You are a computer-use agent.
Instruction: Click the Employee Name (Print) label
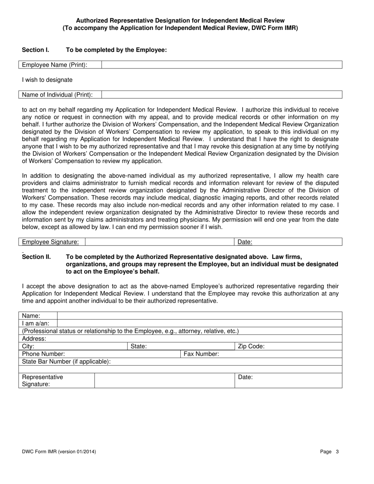coord(55,65)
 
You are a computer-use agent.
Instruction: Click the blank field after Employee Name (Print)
coord(222,65)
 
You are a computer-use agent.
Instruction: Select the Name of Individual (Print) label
coord(57,95)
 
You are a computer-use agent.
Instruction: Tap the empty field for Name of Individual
coord(222,95)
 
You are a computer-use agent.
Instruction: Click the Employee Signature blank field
coord(159,242)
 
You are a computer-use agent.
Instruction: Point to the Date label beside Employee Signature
coord(245,242)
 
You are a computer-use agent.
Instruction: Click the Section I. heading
coord(35,50)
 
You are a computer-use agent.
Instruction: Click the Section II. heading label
coord(37,257)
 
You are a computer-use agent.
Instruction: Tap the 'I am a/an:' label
coord(36,323)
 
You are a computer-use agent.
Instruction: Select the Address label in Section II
coord(34,339)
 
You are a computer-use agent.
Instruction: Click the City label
coord(28,347)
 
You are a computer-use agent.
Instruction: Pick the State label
coord(139,347)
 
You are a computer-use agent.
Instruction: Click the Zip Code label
coord(251,347)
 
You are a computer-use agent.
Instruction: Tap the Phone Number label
coord(44,354)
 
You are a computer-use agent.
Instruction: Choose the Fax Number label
coord(201,354)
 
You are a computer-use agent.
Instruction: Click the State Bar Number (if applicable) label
coord(66,362)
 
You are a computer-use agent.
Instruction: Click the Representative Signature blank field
coord(164,381)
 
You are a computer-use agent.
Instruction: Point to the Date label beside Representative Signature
coord(245,377)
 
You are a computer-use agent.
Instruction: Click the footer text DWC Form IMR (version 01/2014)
coord(59,452)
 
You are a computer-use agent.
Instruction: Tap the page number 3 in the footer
coord(337,452)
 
